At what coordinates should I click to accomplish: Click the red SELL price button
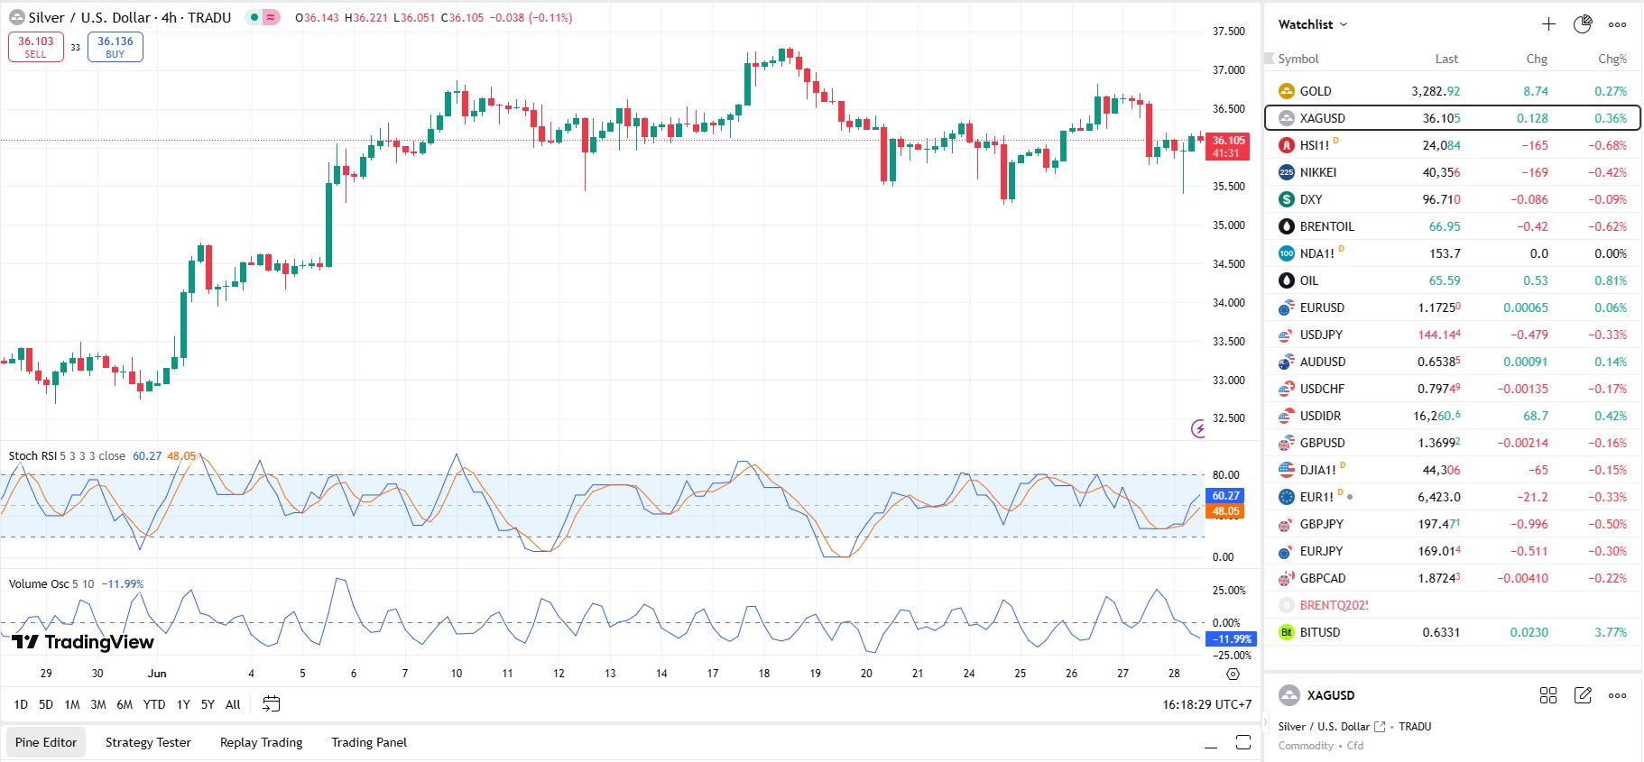[x=36, y=47]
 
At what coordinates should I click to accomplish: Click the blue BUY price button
[x=115, y=47]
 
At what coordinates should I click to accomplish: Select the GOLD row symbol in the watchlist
[x=1315, y=91]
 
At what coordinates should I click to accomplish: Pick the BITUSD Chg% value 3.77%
[x=1611, y=632]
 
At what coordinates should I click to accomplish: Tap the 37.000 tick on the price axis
[x=1228, y=70]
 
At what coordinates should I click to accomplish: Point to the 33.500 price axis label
[x=1228, y=342]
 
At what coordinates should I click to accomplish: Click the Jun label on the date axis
[x=157, y=674]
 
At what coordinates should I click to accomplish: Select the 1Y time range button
[x=183, y=704]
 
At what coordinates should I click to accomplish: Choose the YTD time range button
[x=154, y=704]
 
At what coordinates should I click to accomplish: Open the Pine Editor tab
[x=46, y=742]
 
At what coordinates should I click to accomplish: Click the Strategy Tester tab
[x=148, y=742]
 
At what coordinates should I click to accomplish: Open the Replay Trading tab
[x=261, y=742]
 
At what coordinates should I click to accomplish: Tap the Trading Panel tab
[x=368, y=742]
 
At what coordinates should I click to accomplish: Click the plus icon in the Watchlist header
[x=1548, y=24]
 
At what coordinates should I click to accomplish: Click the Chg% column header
[x=1612, y=60]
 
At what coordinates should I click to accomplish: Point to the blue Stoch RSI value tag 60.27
[x=1225, y=496]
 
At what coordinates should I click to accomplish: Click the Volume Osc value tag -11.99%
[x=1231, y=639]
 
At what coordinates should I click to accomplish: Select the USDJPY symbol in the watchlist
[x=1321, y=335]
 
